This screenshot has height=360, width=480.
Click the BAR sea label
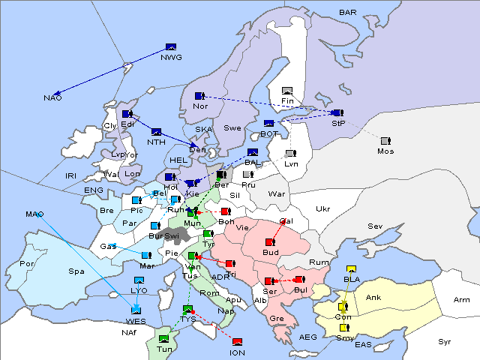point(347,12)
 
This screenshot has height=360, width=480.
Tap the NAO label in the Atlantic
point(52,98)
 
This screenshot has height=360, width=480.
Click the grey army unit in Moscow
point(385,141)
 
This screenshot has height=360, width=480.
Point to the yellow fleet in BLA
point(350,270)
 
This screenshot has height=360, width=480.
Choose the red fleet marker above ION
point(238,342)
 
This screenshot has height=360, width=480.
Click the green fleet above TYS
point(187,309)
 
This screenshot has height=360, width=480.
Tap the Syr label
point(445,341)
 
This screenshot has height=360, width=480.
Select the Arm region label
point(462,300)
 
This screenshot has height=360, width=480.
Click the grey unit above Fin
point(286,91)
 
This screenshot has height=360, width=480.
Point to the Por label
point(27,264)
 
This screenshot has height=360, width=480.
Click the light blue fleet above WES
point(136,309)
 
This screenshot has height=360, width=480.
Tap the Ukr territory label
point(322,208)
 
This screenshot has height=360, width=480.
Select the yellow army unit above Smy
point(343,328)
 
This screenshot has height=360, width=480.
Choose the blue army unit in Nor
point(199,96)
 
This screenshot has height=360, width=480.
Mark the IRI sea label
point(71,175)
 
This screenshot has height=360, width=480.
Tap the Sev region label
point(375,226)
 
